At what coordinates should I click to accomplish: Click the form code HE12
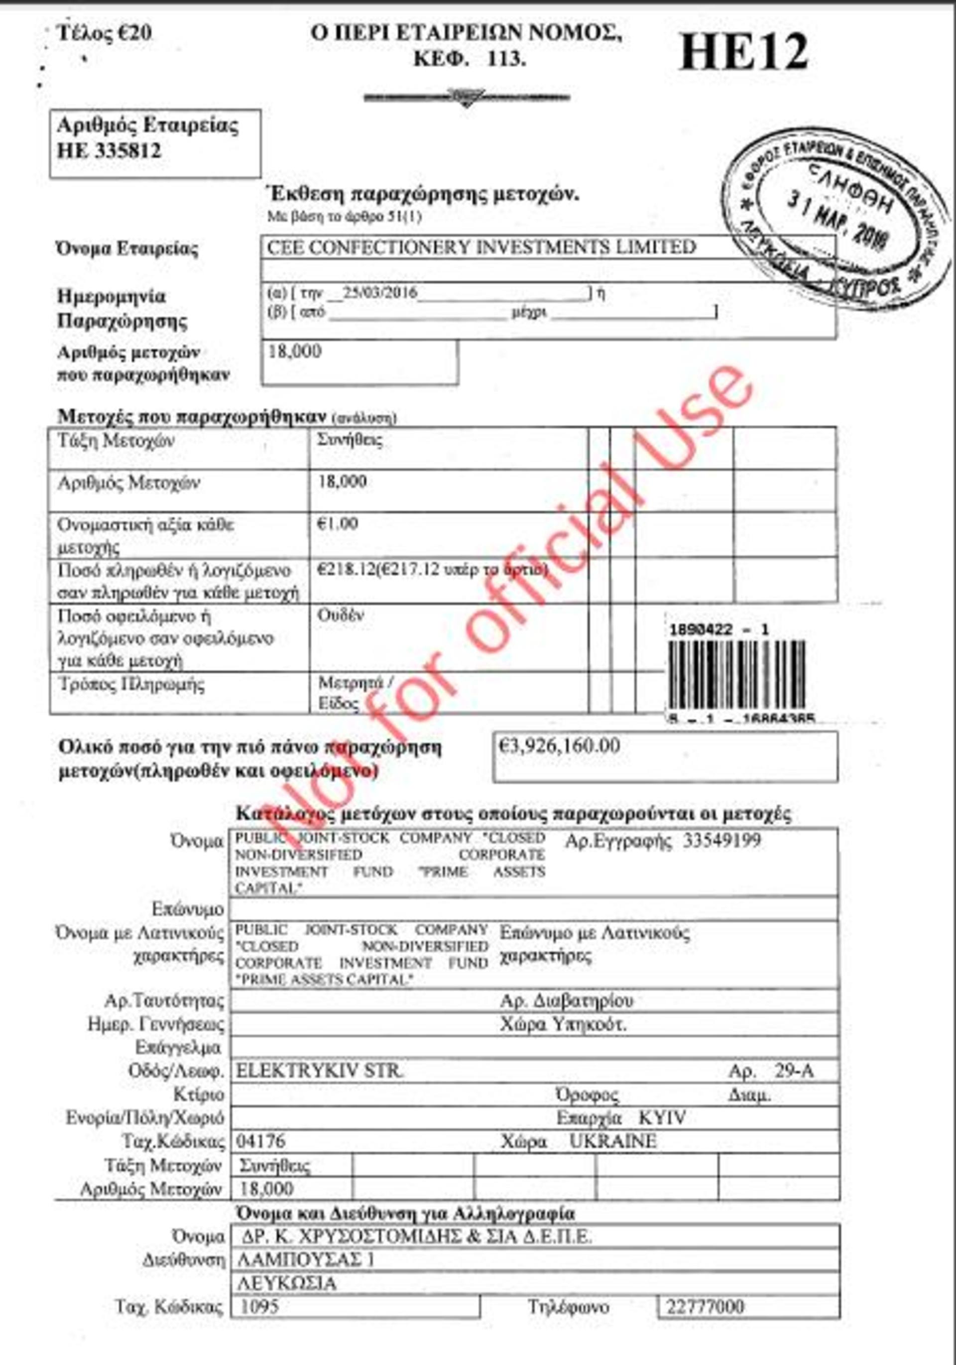pyautogui.click(x=743, y=52)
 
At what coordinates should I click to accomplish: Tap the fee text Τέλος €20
pyautogui.click(x=104, y=33)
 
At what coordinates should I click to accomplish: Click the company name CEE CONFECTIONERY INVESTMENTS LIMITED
pyautogui.click(x=481, y=247)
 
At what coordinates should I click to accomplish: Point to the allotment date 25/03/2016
pyautogui.click(x=380, y=292)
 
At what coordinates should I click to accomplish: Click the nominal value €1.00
pyautogui.click(x=338, y=524)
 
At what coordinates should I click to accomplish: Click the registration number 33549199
pyautogui.click(x=722, y=841)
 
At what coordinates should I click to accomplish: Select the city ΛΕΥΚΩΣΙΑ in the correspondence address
pyautogui.click(x=287, y=1283)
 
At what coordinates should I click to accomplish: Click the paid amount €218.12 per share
pyautogui.click(x=346, y=570)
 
